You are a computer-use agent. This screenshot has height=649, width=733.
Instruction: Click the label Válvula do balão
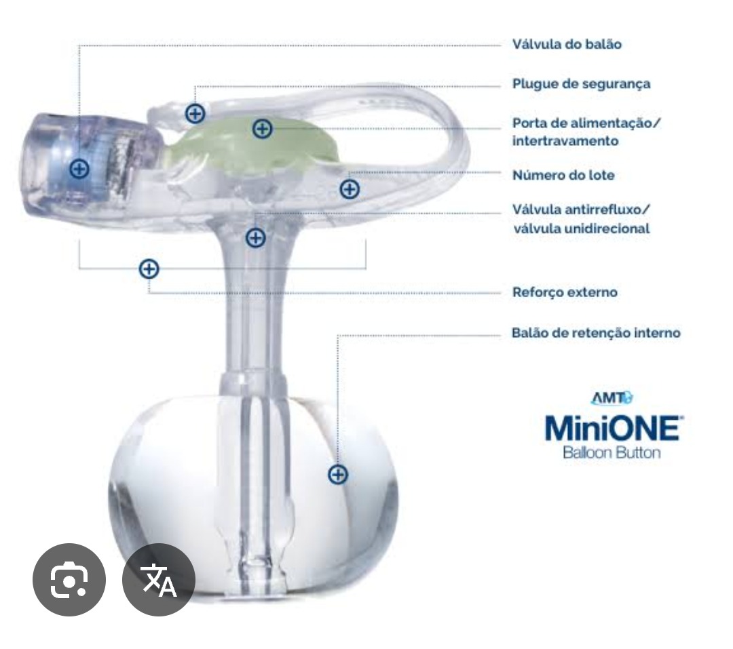coord(567,44)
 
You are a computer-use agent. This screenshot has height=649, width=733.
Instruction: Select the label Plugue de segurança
coord(581,84)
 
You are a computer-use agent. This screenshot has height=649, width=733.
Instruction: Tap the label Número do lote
coord(563,175)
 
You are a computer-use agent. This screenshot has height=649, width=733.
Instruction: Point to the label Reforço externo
coord(565,292)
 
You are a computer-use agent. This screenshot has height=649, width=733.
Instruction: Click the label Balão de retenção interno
coord(596,333)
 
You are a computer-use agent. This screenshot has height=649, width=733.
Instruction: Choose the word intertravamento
coord(565,140)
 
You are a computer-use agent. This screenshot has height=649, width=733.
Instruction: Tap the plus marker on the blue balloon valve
coord(79,169)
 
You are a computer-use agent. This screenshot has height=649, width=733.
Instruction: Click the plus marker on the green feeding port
coord(262,128)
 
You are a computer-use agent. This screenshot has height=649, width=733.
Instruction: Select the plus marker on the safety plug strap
coord(195,113)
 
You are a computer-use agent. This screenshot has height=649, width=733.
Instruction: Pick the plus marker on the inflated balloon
coord(338,475)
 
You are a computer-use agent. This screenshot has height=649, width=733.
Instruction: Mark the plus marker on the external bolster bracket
coord(149,269)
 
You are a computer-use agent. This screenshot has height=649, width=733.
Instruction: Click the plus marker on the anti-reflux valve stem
coord(256,237)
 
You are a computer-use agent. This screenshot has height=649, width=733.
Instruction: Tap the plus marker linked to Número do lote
coord(350,189)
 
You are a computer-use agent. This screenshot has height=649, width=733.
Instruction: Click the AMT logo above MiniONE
coord(612,398)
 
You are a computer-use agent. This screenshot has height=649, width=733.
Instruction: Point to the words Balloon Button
coord(612,452)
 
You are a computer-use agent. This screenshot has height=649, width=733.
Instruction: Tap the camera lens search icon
coord(69,580)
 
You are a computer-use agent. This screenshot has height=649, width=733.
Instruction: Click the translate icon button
coord(158,580)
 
